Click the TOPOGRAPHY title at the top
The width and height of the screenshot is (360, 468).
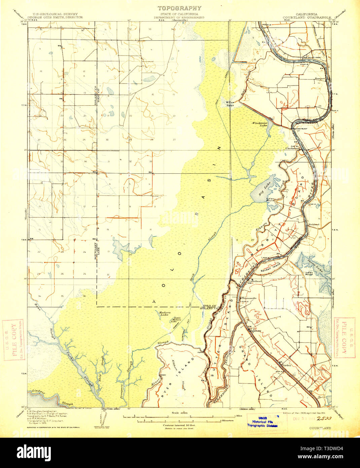point(180,8)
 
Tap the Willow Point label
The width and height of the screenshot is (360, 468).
point(230,103)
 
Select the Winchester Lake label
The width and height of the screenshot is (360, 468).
point(260,124)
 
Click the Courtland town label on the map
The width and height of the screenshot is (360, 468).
point(255,281)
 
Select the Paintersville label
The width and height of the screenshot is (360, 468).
point(247,298)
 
